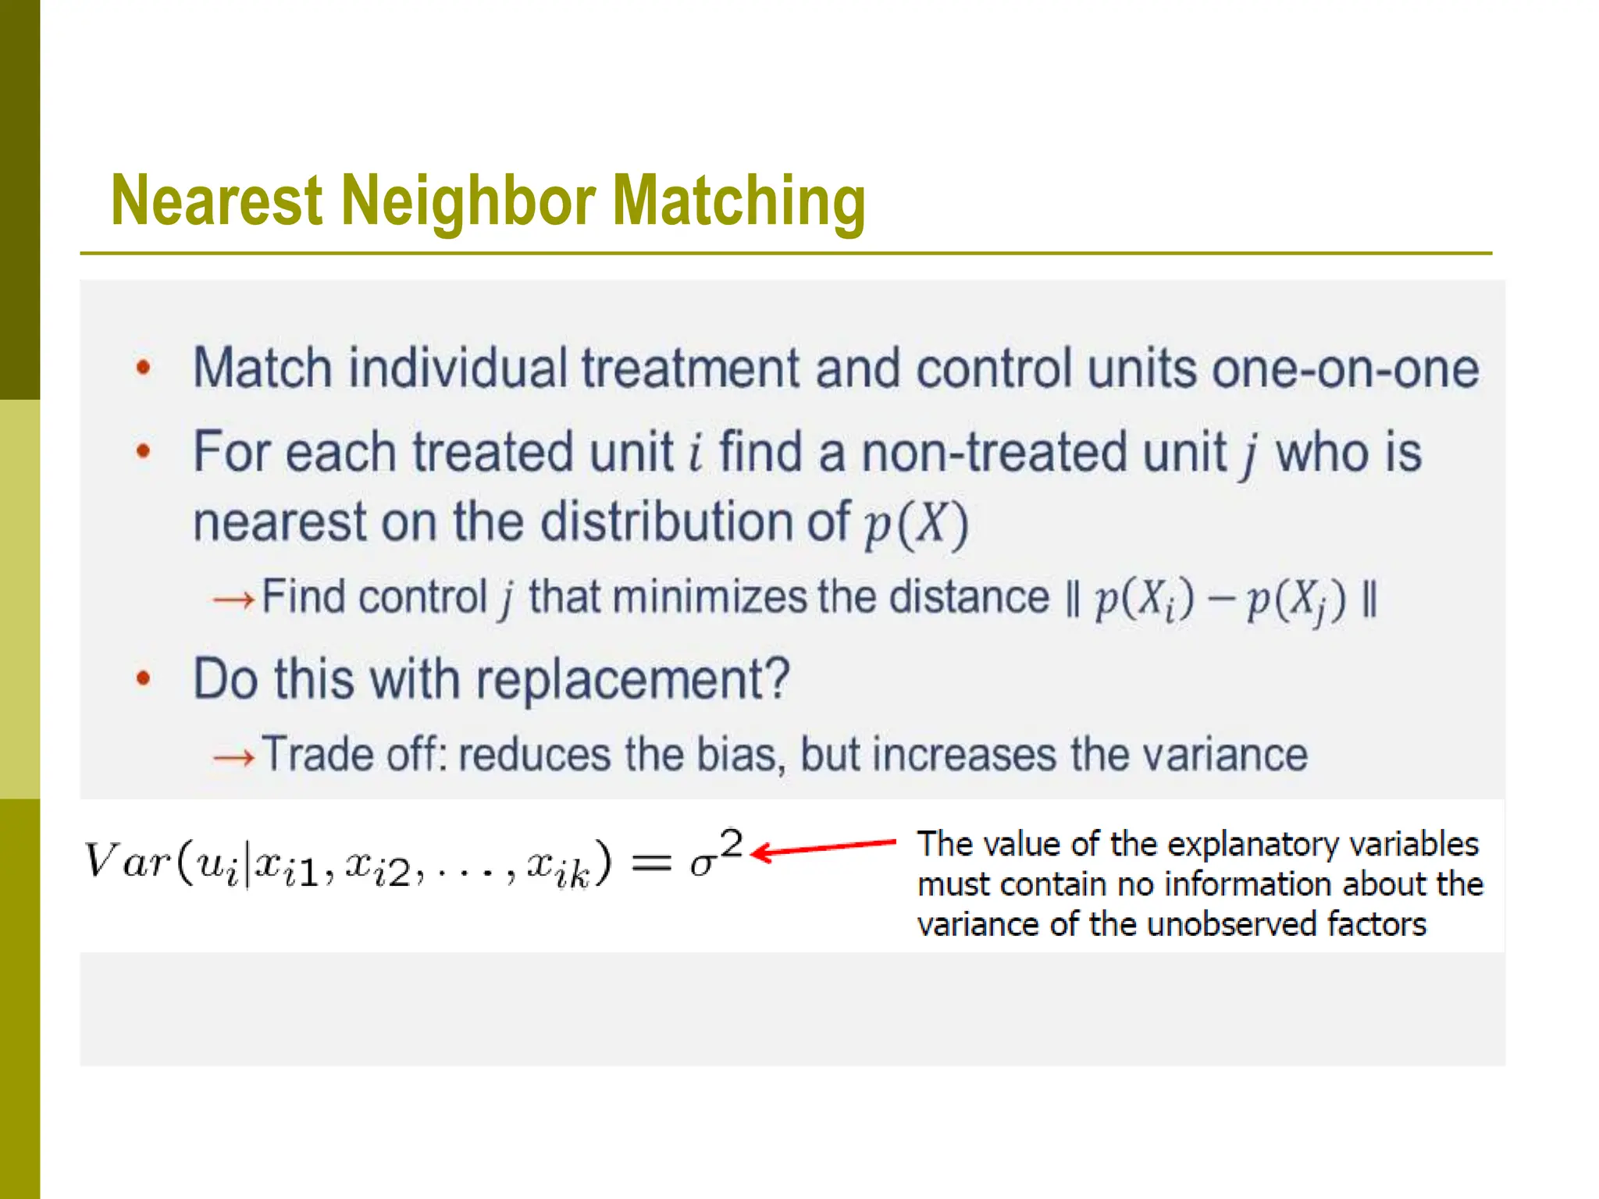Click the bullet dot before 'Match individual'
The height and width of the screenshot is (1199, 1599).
coord(143,367)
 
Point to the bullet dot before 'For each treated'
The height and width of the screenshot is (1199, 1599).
coord(143,451)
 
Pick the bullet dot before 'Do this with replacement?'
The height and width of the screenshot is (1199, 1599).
coord(143,678)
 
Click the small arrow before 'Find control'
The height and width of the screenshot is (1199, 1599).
coord(233,599)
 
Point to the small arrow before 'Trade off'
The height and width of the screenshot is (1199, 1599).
coord(233,756)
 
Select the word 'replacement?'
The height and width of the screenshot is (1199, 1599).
coord(633,679)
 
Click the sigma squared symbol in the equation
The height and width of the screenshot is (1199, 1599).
coord(715,854)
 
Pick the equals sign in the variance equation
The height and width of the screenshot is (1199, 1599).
coord(651,863)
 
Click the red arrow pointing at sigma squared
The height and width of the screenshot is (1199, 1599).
coord(824,848)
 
